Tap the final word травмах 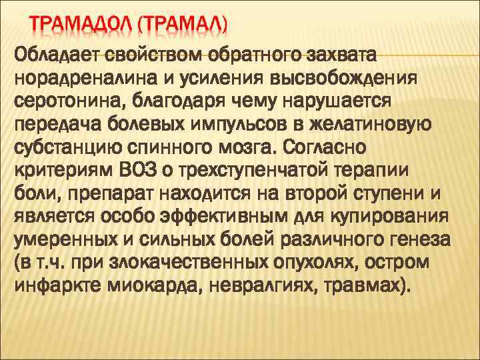point(377,287)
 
